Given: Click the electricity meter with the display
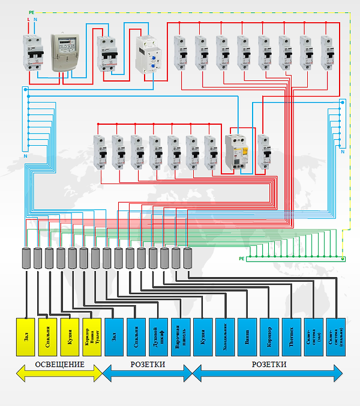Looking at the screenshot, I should [x=64, y=53].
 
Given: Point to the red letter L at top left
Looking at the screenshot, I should [x=28, y=20].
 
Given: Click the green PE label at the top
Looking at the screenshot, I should [x=31, y=12].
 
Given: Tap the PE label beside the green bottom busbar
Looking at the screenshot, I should [x=242, y=258].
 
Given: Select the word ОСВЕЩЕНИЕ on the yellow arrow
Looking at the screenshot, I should [x=59, y=365].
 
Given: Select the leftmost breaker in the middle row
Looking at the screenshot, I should [x=99, y=153].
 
